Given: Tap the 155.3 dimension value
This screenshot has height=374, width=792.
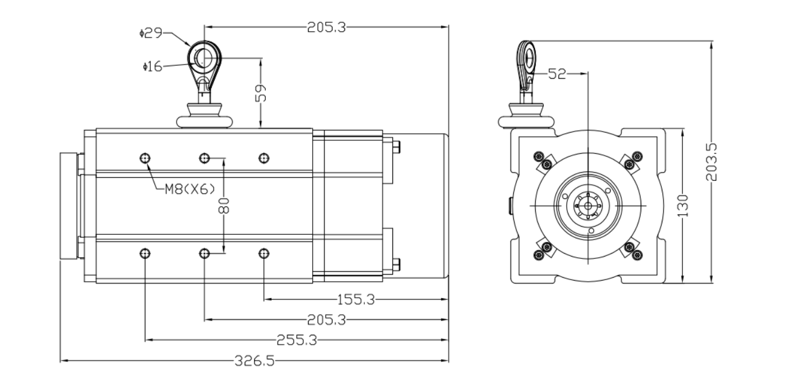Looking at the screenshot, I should [x=356, y=299].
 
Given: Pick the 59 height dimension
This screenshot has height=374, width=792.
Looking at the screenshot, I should [x=260, y=92].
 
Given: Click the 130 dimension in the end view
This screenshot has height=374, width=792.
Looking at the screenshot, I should [x=683, y=205].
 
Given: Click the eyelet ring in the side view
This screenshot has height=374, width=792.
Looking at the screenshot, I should [x=204, y=58].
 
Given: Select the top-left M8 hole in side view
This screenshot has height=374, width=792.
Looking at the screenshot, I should [x=145, y=158].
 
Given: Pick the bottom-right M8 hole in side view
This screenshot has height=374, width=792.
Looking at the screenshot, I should [x=264, y=254].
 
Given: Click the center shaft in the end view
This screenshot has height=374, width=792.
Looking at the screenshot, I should [x=588, y=205].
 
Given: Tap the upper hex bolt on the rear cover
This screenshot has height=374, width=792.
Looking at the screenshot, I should [x=397, y=146].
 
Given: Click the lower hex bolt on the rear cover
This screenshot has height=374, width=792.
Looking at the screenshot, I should [x=397, y=265].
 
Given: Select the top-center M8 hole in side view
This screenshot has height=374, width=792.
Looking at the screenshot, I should [x=204, y=158].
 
